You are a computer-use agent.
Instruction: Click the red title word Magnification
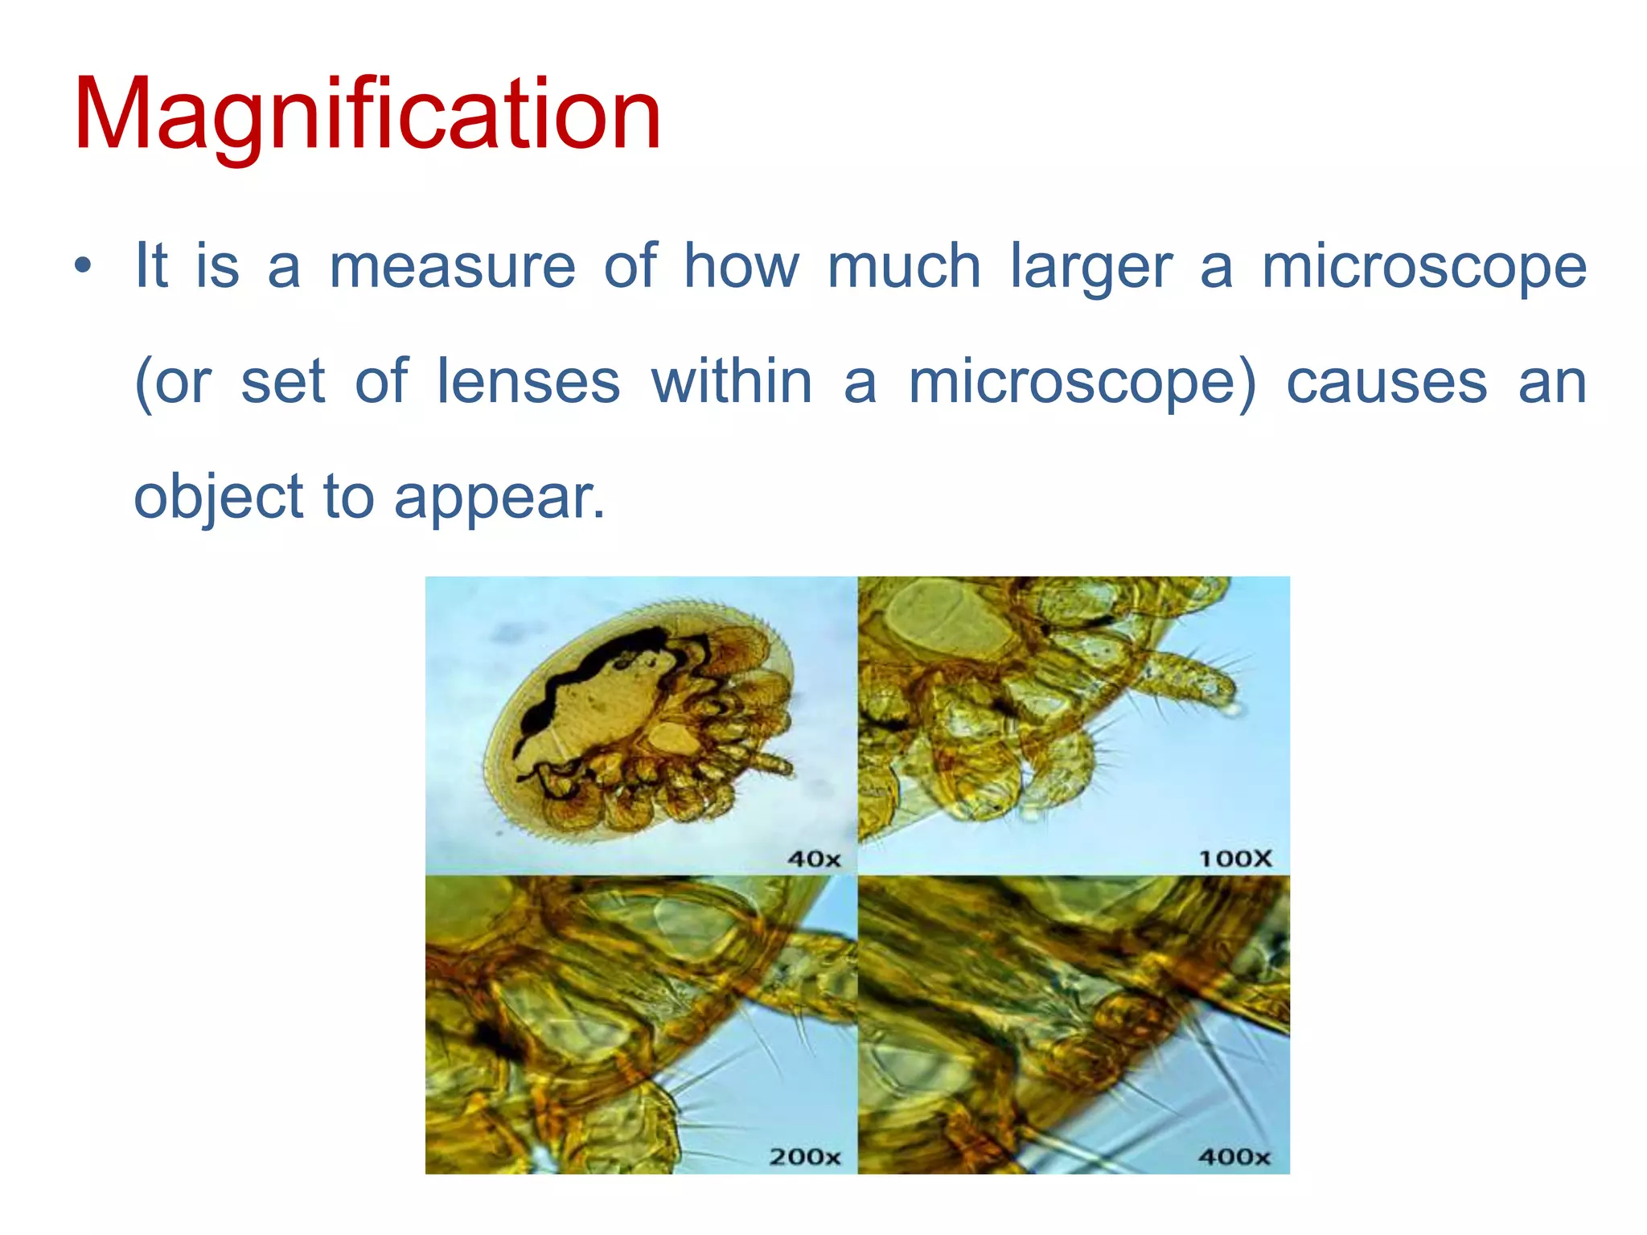(368, 114)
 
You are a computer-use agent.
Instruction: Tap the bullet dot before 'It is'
(82, 266)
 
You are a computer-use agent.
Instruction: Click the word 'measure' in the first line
(453, 266)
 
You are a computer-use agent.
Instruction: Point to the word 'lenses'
(528, 381)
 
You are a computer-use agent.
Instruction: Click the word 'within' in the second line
(732, 381)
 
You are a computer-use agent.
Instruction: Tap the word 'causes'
(1387, 383)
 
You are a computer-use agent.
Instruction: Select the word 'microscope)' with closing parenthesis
(1082, 383)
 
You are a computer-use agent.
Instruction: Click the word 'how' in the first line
(741, 266)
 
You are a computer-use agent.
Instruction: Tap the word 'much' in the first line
(904, 266)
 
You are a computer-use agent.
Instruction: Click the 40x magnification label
(814, 859)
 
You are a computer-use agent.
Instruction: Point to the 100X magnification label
(1235, 859)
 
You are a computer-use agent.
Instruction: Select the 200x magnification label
(805, 1157)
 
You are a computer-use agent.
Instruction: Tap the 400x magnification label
(1234, 1157)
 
